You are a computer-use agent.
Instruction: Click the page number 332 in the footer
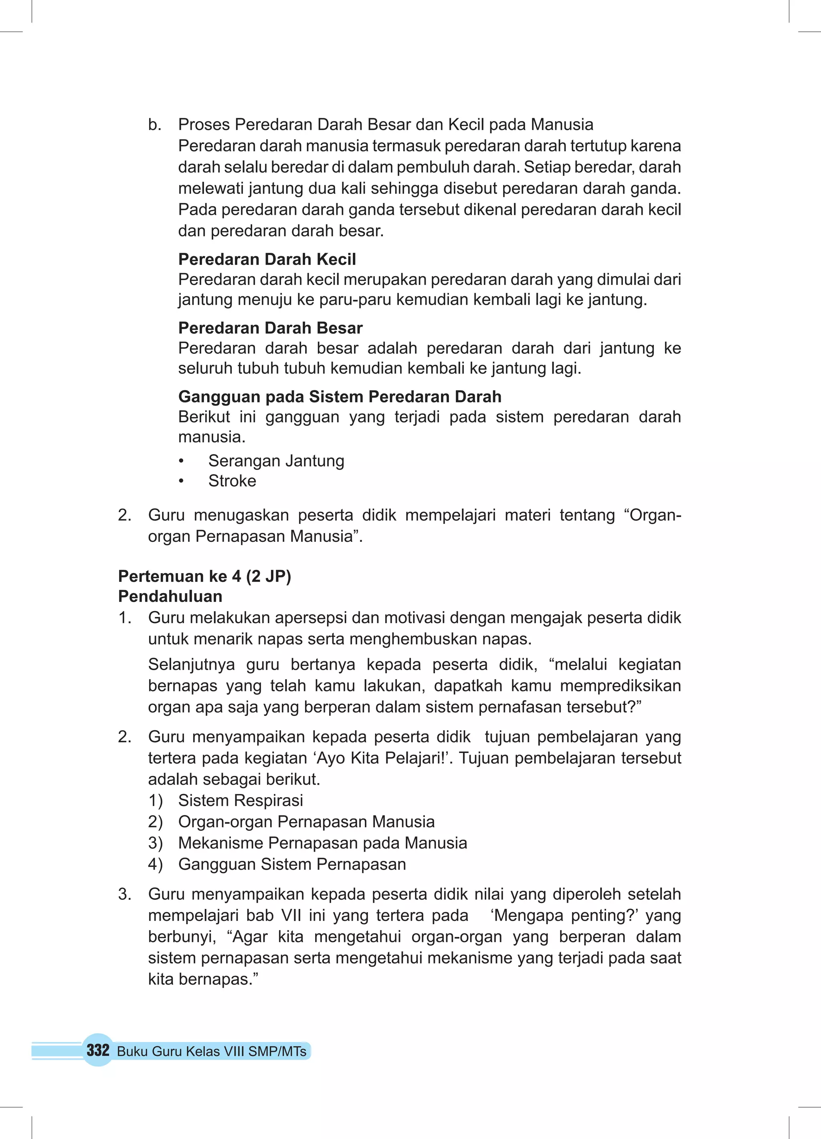[98, 1050]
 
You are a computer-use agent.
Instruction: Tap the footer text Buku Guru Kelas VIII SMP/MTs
[212, 1051]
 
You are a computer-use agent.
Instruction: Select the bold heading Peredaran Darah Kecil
[267, 259]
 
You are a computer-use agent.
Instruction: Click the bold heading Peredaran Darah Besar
[270, 328]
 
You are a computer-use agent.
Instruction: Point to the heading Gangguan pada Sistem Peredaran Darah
[340, 397]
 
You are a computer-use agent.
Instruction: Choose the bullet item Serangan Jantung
[276, 460]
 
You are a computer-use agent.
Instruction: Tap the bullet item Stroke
[232, 481]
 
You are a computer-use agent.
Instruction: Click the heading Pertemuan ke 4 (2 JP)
[204, 576]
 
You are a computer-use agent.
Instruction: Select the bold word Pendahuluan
[170, 597]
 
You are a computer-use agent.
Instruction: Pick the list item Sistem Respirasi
[241, 800]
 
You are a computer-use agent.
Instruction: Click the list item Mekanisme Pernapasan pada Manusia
[323, 843]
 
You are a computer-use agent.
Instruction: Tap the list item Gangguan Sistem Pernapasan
[292, 864]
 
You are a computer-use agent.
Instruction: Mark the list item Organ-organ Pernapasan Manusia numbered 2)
[307, 822]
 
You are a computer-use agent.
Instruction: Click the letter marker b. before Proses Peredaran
[155, 125]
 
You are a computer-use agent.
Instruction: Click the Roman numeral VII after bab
[291, 915]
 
